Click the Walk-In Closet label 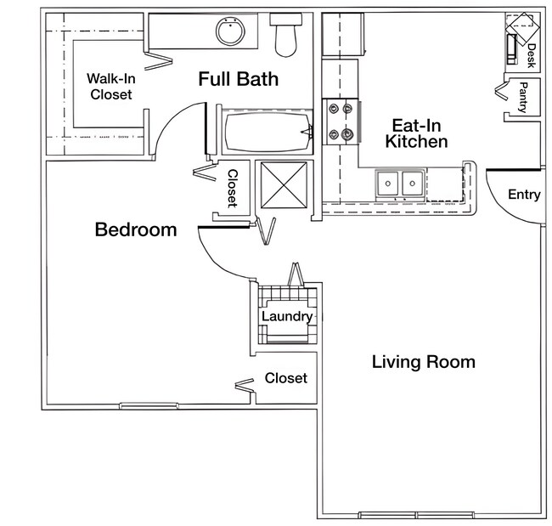pos(110,87)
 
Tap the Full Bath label pos(239,79)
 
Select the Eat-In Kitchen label pos(416,133)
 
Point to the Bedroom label pos(136,229)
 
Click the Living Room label pos(423,362)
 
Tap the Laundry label pos(286,317)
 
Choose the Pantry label pos(523,96)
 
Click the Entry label pos(524,195)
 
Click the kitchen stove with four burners pos(341,121)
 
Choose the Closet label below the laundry pos(286,377)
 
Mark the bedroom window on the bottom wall pos(149,405)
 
